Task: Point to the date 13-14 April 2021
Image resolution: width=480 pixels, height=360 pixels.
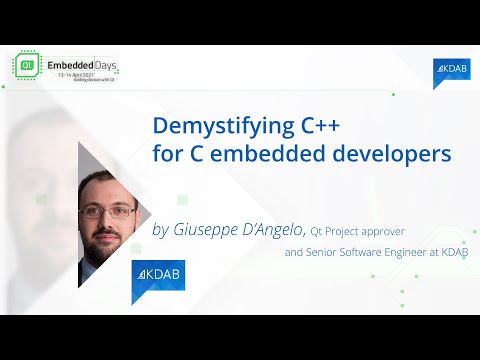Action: (x=83, y=76)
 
